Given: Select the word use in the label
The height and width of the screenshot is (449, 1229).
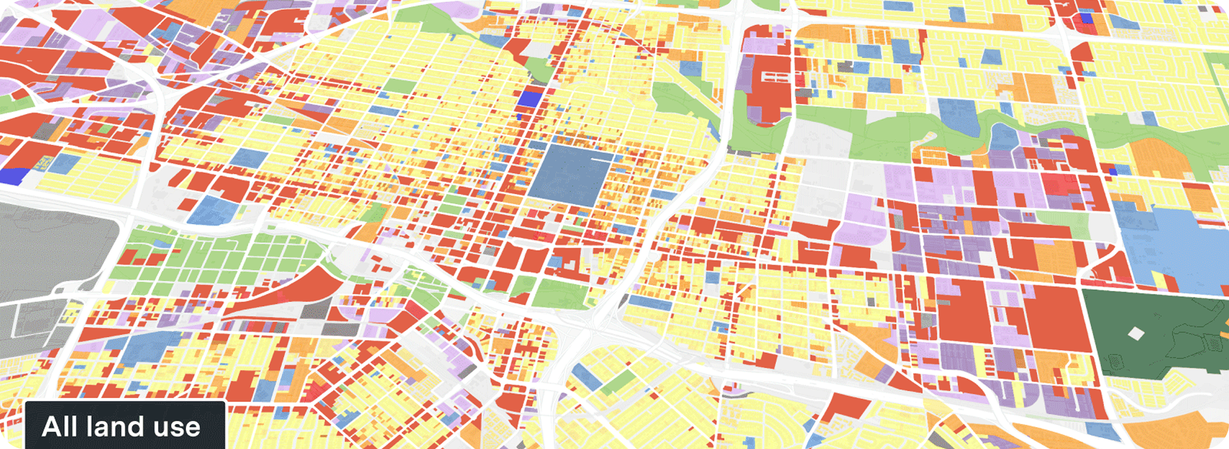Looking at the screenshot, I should [177, 428].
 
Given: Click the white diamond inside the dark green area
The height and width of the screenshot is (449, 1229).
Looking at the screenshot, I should [1135, 333].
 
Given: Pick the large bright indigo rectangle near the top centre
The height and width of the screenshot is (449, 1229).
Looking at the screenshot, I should [527, 98].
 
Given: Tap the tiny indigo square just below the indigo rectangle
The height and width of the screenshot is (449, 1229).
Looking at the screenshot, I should [519, 117].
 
